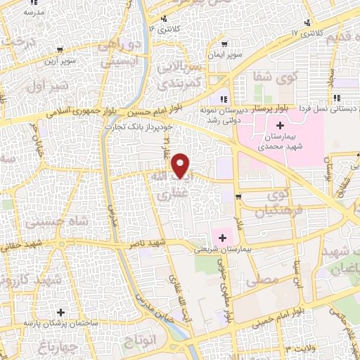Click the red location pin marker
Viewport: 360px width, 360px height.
pos(181,165)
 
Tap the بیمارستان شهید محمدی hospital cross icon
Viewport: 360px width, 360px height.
pos(280,125)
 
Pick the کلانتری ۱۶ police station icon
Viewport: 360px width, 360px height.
pos(165,19)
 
